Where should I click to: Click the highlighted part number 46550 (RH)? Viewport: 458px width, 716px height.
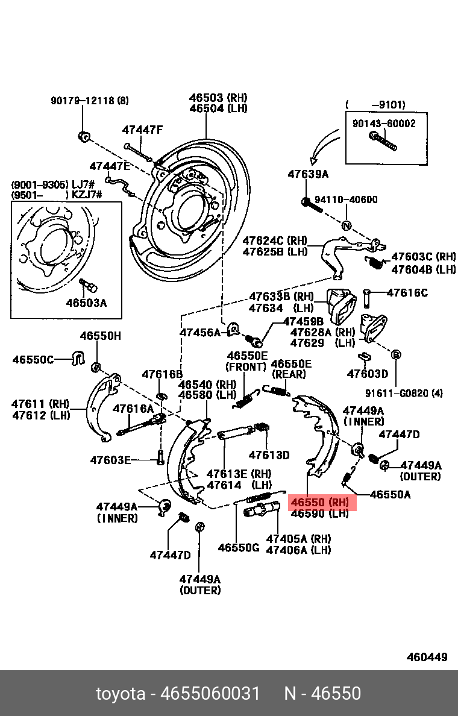click(320, 502)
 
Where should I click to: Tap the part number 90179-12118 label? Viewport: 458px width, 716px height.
click(89, 101)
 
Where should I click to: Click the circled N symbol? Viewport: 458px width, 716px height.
click(347, 227)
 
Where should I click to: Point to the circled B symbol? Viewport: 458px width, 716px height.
click(396, 354)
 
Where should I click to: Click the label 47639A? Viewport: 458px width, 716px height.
click(308, 175)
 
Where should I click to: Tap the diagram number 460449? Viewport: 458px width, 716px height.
click(427, 657)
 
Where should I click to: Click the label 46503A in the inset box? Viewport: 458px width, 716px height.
click(86, 303)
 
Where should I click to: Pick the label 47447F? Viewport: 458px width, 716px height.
click(142, 130)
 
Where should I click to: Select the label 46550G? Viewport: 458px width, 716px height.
click(238, 548)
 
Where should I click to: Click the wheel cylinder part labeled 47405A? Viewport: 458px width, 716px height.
click(261, 513)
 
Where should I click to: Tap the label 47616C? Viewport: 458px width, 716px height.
click(407, 293)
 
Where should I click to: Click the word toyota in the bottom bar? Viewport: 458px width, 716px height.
click(121, 694)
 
